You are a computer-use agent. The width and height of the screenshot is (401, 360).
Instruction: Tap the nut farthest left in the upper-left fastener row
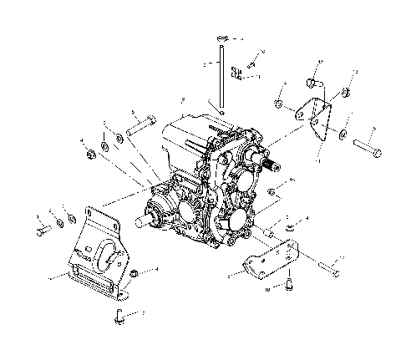pos(89,154)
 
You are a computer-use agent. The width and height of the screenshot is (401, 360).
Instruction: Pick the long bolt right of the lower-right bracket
pos(327,266)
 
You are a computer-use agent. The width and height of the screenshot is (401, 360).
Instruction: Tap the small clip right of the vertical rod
pos(237,74)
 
